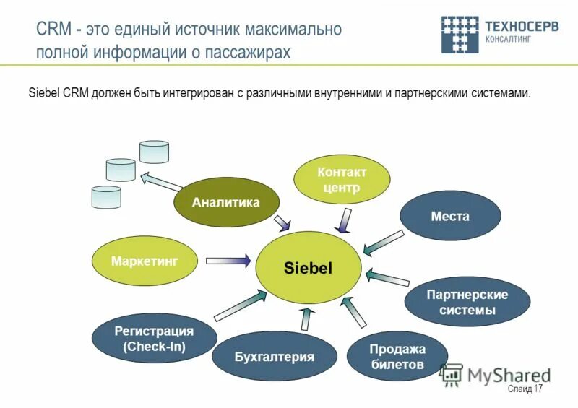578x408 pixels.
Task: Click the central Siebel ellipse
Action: pyautogui.click(x=307, y=268)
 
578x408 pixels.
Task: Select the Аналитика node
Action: pyautogui.click(x=225, y=202)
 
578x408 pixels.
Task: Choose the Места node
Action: pyautogui.click(x=450, y=216)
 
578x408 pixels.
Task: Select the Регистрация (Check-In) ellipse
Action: pyautogui.click(x=154, y=339)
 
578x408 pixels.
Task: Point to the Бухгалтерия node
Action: pyautogui.click(x=274, y=356)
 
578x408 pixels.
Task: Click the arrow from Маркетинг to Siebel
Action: pyautogui.click(x=228, y=260)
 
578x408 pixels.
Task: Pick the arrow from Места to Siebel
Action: pyautogui.click(x=383, y=242)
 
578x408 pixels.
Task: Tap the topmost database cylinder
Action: pyautogui.click(x=154, y=152)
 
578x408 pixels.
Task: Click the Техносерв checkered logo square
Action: pyautogui.click(x=460, y=34)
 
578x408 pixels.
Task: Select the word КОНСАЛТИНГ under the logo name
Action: pyautogui.click(x=509, y=40)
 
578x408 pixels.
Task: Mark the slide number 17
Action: pyautogui.click(x=538, y=389)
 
